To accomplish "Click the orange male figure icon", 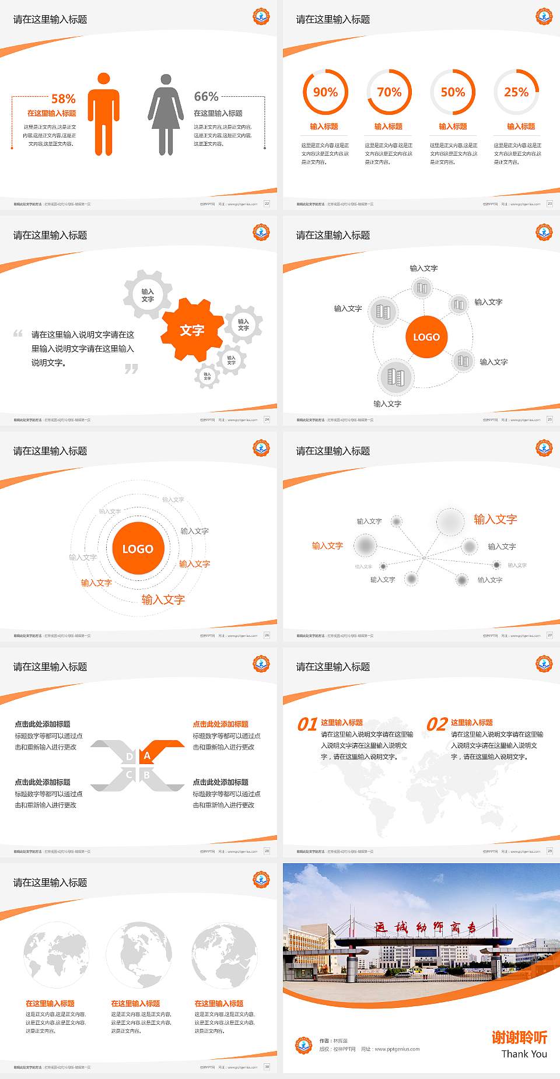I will click(x=104, y=114).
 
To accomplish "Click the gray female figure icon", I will click(x=166, y=114).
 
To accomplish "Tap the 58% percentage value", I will click(x=64, y=99).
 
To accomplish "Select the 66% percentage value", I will click(x=206, y=96).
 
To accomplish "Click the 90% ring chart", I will click(x=325, y=92).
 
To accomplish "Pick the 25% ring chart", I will click(x=516, y=92).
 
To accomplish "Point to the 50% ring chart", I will click(x=453, y=92).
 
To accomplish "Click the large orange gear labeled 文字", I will click(x=192, y=330).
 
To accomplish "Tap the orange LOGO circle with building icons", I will click(x=426, y=337).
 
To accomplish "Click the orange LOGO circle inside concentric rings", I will click(x=138, y=548).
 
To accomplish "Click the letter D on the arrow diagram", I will click(x=129, y=756).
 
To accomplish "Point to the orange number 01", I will click(x=307, y=724).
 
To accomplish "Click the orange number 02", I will click(x=437, y=724).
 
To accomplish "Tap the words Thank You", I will click(x=524, y=1053).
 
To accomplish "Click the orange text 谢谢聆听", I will click(x=519, y=1037).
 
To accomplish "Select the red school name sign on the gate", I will click(x=426, y=927).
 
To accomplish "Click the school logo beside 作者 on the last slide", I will click(x=303, y=1045).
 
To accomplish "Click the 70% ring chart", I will click(x=389, y=92).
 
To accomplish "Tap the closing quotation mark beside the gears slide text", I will click(x=131, y=369).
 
